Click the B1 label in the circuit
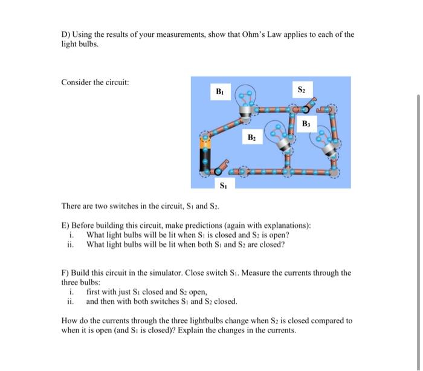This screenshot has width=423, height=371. [x=219, y=92]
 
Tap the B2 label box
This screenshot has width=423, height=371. [x=253, y=137]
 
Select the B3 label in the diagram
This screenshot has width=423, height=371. [x=307, y=123]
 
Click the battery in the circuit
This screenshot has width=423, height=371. [x=206, y=154]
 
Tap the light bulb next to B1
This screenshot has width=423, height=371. [x=247, y=102]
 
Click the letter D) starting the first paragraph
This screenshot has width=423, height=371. [x=66, y=34]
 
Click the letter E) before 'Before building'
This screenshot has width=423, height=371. [x=66, y=225]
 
